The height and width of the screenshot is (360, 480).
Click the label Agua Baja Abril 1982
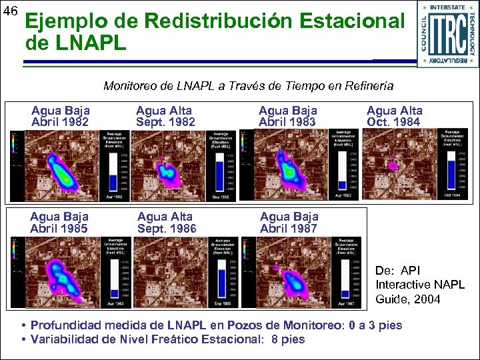pos(61,116)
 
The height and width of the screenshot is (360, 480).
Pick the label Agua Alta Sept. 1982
pos(165,116)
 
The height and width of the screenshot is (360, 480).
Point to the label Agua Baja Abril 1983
pos(288,116)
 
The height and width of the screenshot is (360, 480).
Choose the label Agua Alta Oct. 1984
pos(394,116)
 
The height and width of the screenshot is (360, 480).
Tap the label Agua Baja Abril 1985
pos(60,222)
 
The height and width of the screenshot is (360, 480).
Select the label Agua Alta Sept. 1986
pos(167,222)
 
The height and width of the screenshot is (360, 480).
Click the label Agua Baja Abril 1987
pos(289,222)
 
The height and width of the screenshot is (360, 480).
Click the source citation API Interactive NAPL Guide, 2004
pos(420,285)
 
